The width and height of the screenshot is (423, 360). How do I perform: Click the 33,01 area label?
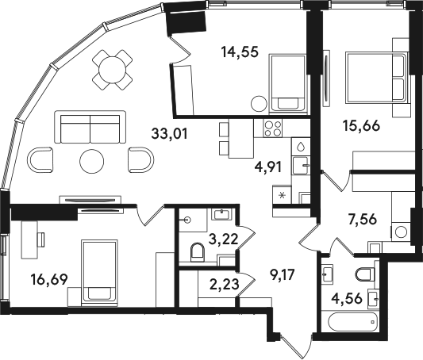point(169,134)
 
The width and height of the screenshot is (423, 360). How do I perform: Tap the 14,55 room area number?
point(240,52)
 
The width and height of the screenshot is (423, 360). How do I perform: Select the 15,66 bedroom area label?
point(361,125)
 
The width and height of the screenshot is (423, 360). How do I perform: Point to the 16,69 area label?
point(49,279)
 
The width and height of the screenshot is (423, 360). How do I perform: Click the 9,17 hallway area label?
point(283,274)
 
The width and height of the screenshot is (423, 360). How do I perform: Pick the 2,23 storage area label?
point(224,284)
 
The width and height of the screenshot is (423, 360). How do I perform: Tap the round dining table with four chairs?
point(112,70)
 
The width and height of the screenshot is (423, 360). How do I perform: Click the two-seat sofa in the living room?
point(90,127)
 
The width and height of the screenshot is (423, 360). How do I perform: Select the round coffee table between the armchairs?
point(92,162)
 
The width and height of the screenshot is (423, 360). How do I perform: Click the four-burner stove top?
point(273,128)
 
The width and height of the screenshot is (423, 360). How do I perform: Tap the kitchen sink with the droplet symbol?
point(300,147)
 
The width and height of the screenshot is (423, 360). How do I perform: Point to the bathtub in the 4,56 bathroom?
point(353,322)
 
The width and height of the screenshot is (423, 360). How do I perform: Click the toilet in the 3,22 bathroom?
point(198,252)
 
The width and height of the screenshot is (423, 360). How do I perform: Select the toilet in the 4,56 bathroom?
point(365,274)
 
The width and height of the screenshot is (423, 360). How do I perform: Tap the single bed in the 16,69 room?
point(99,273)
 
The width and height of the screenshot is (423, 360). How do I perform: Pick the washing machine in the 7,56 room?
point(401,232)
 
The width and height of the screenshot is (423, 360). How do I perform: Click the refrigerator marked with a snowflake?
point(283,194)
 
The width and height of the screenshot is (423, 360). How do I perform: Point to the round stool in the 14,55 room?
point(259,104)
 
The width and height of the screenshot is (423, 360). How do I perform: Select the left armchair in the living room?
point(40,159)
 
